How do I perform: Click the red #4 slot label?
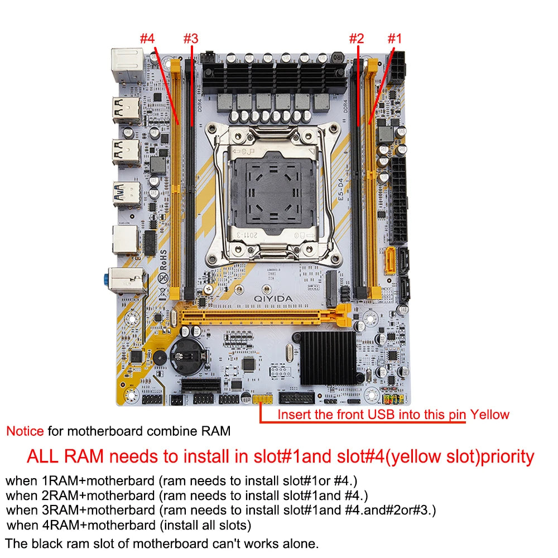147,39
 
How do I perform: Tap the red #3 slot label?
191,39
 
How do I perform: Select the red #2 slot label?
357,39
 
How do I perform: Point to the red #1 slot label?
395,39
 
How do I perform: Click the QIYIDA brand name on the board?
273,299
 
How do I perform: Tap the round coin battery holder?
186,355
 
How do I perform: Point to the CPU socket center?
273,193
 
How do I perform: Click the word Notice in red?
25,431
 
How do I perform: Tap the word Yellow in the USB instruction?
489,415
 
